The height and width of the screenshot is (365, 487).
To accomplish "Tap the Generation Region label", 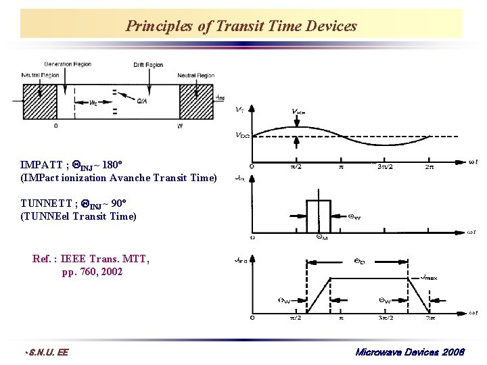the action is (67, 64).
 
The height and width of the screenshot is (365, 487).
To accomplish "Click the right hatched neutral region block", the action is (195, 102).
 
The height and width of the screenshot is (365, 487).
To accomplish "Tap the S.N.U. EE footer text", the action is (47, 352).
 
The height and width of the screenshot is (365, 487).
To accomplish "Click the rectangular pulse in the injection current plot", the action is (318, 216).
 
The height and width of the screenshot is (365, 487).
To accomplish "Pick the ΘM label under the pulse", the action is (322, 237).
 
